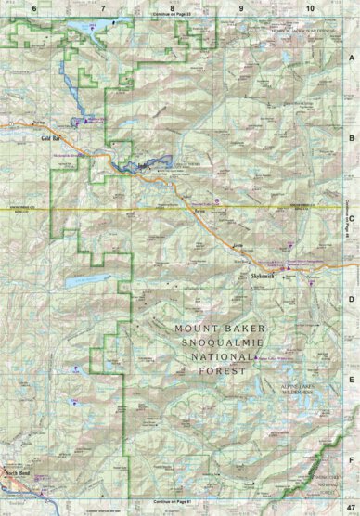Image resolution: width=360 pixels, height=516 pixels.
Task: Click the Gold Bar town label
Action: click(49, 138)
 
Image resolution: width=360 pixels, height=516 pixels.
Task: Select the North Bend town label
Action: click(19, 472)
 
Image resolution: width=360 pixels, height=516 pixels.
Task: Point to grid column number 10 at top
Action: click(308, 6)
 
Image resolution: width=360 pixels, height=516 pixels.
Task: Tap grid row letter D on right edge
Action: click(351, 299)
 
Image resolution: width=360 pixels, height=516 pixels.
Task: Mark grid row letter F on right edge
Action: click(351, 459)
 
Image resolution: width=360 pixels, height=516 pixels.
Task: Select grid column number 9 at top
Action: click(240, 6)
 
